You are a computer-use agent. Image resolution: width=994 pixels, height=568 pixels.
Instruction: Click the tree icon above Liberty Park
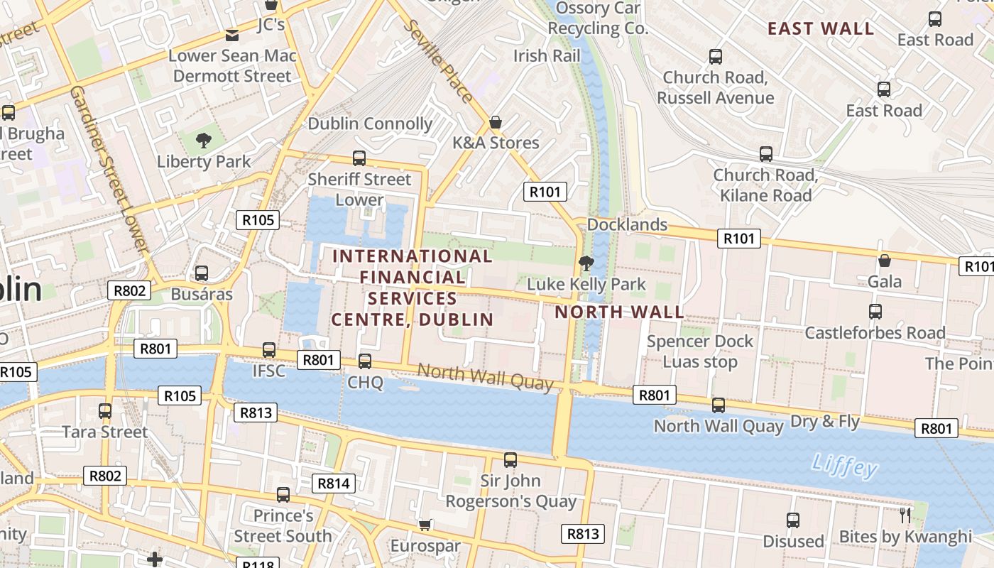(x=204, y=140)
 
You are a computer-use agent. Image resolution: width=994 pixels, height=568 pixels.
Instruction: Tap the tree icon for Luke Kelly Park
(x=586, y=263)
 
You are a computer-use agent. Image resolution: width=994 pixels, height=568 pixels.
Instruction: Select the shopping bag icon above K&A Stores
(x=496, y=122)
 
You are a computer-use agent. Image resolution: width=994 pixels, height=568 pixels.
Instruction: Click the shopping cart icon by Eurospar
(x=425, y=525)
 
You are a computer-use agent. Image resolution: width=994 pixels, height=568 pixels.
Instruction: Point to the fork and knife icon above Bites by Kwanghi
(x=905, y=515)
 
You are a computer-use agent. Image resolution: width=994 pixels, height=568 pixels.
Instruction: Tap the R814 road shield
(x=333, y=484)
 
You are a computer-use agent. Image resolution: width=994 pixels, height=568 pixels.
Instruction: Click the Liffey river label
(x=844, y=466)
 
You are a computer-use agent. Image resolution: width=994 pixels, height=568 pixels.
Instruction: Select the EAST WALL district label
(x=821, y=29)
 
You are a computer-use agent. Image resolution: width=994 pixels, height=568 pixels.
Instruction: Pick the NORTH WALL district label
(x=619, y=312)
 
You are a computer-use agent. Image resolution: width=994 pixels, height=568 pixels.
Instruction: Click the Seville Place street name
(x=438, y=61)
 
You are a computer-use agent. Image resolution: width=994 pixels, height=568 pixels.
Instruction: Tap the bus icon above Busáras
(x=202, y=273)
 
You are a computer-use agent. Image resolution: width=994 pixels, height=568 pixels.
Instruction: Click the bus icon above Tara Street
(x=105, y=410)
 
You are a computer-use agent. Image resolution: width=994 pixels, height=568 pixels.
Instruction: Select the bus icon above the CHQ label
(x=365, y=361)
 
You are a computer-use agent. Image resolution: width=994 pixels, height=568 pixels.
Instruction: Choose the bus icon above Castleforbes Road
(x=875, y=311)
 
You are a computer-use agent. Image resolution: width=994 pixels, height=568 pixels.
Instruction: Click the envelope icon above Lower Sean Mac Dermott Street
(x=232, y=35)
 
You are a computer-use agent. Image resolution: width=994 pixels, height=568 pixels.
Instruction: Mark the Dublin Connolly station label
(x=370, y=124)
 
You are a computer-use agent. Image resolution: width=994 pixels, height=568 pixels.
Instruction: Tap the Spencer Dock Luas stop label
(x=700, y=351)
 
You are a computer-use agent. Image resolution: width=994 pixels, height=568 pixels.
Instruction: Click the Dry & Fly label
(x=825, y=421)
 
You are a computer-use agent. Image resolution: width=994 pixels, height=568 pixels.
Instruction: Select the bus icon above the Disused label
(x=793, y=520)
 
